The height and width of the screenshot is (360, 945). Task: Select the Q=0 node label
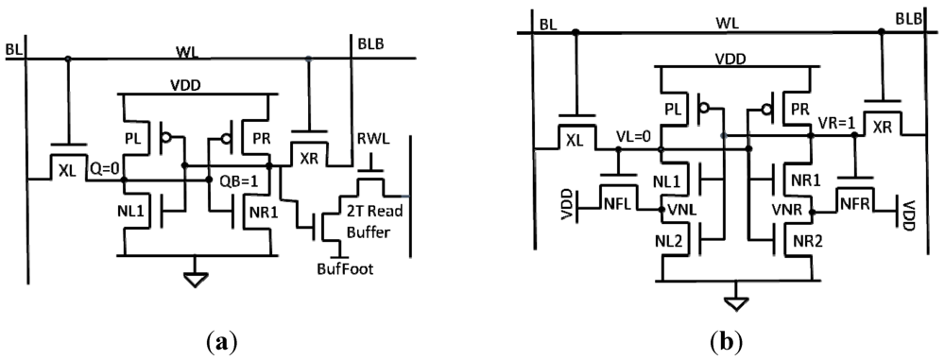pyautogui.click(x=104, y=171)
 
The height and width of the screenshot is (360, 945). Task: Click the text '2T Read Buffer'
pyautogui.click(x=370, y=216)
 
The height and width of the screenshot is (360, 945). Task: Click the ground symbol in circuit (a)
pyautogui.click(x=196, y=280)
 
